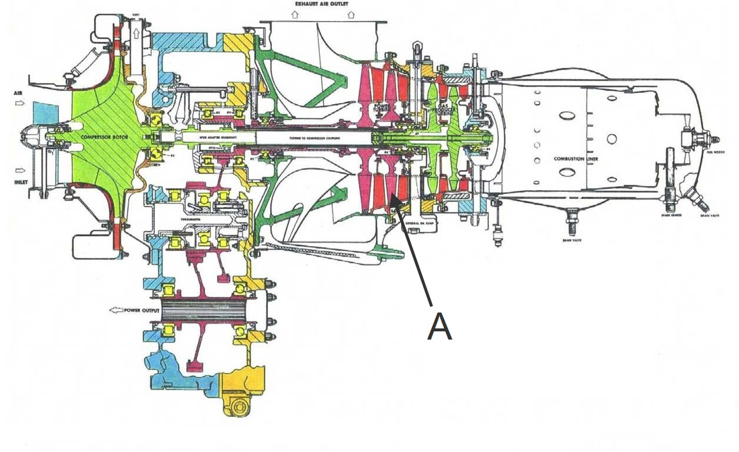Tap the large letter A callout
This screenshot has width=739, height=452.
[x=440, y=327]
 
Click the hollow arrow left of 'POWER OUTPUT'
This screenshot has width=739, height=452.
[x=114, y=310]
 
